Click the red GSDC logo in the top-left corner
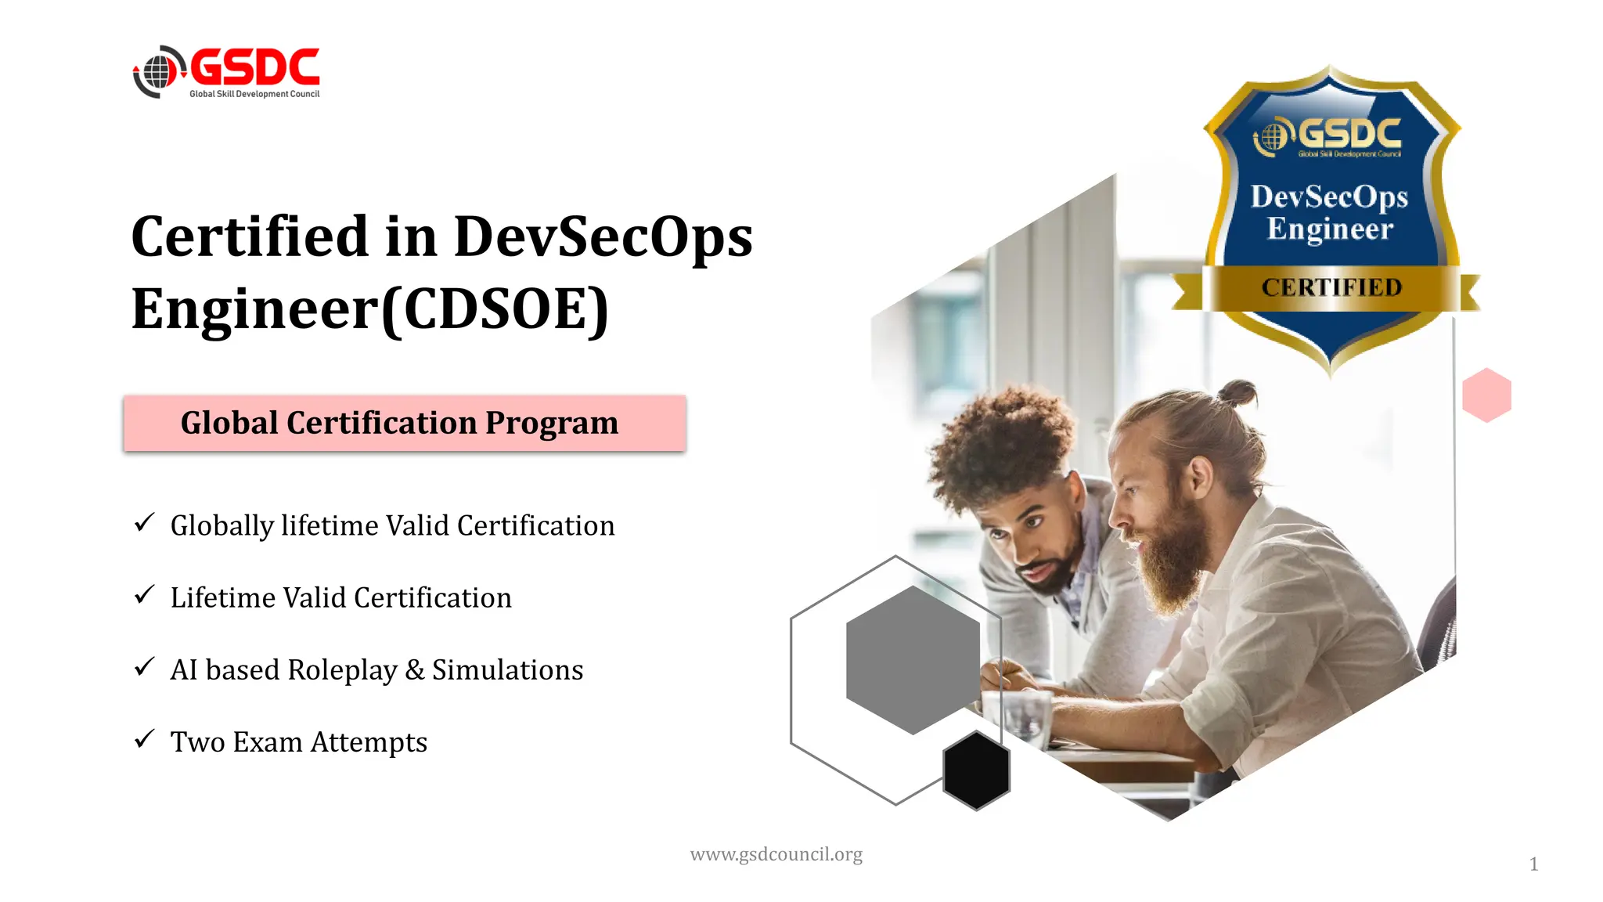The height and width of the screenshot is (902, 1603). pos(227,71)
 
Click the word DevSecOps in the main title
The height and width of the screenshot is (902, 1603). pos(603,236)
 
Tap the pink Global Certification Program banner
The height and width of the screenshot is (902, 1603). pos(405,424)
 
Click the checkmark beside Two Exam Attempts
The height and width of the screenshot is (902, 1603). pos(144,738)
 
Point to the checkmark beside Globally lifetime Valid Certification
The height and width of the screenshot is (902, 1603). pos(144,522)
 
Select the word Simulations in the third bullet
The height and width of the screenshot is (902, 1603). pos(507,670)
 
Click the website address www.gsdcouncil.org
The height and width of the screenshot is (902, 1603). pos(776,854)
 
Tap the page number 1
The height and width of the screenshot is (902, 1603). pos(1533,864)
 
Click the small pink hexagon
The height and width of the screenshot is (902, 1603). pos(1486,395)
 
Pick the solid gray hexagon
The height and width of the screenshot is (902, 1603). pos(913,660)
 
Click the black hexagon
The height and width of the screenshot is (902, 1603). pos(976,770)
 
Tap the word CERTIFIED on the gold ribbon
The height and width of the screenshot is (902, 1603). pos(1331,287)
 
